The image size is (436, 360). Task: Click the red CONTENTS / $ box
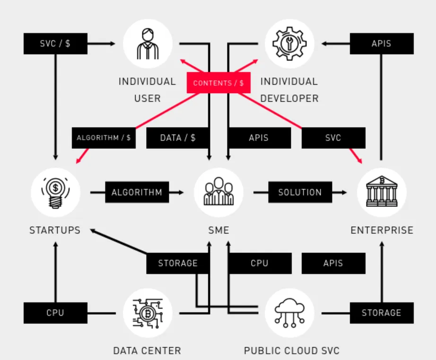[x=218, y=83]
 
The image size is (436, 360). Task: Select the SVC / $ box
[x=55, y=43]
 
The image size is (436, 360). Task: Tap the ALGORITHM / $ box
[x=104, y=138]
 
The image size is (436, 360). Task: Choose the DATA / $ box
[x=178, y=138]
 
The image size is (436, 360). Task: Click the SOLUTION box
[x=300, y=192]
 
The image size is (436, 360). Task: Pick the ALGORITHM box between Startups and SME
[x=137, y=192]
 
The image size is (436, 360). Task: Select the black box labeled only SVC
[x=333, y=138]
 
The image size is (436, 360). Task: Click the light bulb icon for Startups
[x=56, y=192]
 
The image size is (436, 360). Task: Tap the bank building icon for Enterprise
[x=382, y=191]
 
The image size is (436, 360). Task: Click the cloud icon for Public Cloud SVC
[x=289, y=313]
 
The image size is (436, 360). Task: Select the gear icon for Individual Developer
[x=289, y=43]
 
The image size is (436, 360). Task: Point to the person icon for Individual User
[x=148, y=43]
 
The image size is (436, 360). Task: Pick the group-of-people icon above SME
[x=218, y=191]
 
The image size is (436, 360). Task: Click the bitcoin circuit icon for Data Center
[x=148, y=313]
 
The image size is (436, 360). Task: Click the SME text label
[x=219, y=230]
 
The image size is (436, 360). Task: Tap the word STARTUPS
[x=55, y=230]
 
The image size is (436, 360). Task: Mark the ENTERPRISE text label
[x=382, y=230]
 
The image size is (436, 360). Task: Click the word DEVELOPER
[x=289, y=98]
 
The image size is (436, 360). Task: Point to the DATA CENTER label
[x=147, y=351]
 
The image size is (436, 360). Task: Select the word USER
[x=148, y=98]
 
